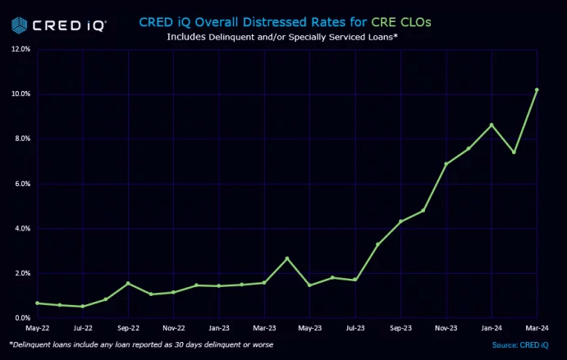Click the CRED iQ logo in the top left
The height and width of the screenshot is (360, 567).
coord(58,25)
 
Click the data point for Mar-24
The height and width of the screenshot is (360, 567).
coord(537,90)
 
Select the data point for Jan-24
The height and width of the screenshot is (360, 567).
coord(491,125)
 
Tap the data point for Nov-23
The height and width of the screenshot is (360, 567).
coord(446,164)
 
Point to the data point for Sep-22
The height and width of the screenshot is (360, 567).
coord(128,284)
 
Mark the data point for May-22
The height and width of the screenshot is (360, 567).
coord(37,303)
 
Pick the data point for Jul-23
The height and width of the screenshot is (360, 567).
coord(354,280)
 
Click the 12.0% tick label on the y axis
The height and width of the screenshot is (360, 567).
coord(21,49)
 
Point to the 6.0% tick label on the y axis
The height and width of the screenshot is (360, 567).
coord(21,184)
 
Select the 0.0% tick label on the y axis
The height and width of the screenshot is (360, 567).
coord(21,318)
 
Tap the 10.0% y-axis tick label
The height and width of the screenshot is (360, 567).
coord(21,94)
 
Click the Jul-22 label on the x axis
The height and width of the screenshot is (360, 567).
coord(83,328)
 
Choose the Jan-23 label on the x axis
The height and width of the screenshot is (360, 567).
coord(219,328)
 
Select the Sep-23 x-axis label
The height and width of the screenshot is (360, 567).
coord(400,328)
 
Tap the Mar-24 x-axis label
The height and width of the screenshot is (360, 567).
coord(537,328)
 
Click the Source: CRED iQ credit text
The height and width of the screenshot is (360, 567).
coord(520,345)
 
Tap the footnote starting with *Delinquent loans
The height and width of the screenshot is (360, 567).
coord(141,344)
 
